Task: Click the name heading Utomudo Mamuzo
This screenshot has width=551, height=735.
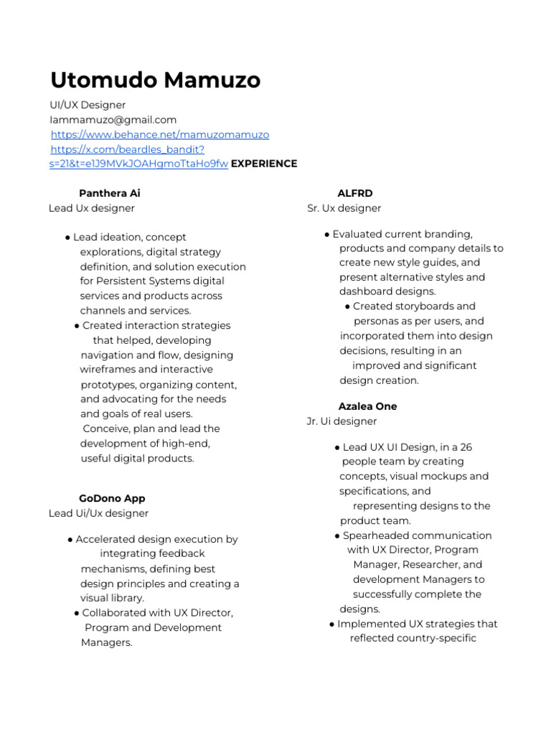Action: [x=155, y=80]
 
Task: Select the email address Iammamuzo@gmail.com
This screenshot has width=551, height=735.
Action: [x=113, y=120]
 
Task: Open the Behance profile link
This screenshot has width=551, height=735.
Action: [x=160, y=134]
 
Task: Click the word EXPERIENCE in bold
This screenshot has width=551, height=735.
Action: [x=263, y=164]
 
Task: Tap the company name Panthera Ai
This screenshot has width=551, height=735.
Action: [x=110, y=193]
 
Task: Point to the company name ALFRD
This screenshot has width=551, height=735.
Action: [x=355, y=193]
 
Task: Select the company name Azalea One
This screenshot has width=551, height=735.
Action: [x=367, y=406]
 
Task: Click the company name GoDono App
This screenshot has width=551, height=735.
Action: [x=112, y=498]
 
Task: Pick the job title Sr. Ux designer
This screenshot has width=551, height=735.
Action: [x=344, y=208]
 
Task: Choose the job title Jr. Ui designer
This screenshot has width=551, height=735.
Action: [x=342, y=421]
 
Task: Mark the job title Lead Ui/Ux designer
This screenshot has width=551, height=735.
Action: [x=99, y=513]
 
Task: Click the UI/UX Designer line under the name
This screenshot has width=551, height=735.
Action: [x=88, y=105]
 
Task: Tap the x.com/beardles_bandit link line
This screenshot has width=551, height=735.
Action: [x=128, y=149]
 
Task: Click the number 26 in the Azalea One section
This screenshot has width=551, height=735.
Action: [x=466, y=447]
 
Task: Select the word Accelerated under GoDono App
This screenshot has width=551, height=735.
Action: [x=108, y=539]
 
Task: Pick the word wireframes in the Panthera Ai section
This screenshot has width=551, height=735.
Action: [x=108, y=370]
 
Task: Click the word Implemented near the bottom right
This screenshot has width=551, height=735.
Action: [x=370, y=624]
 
